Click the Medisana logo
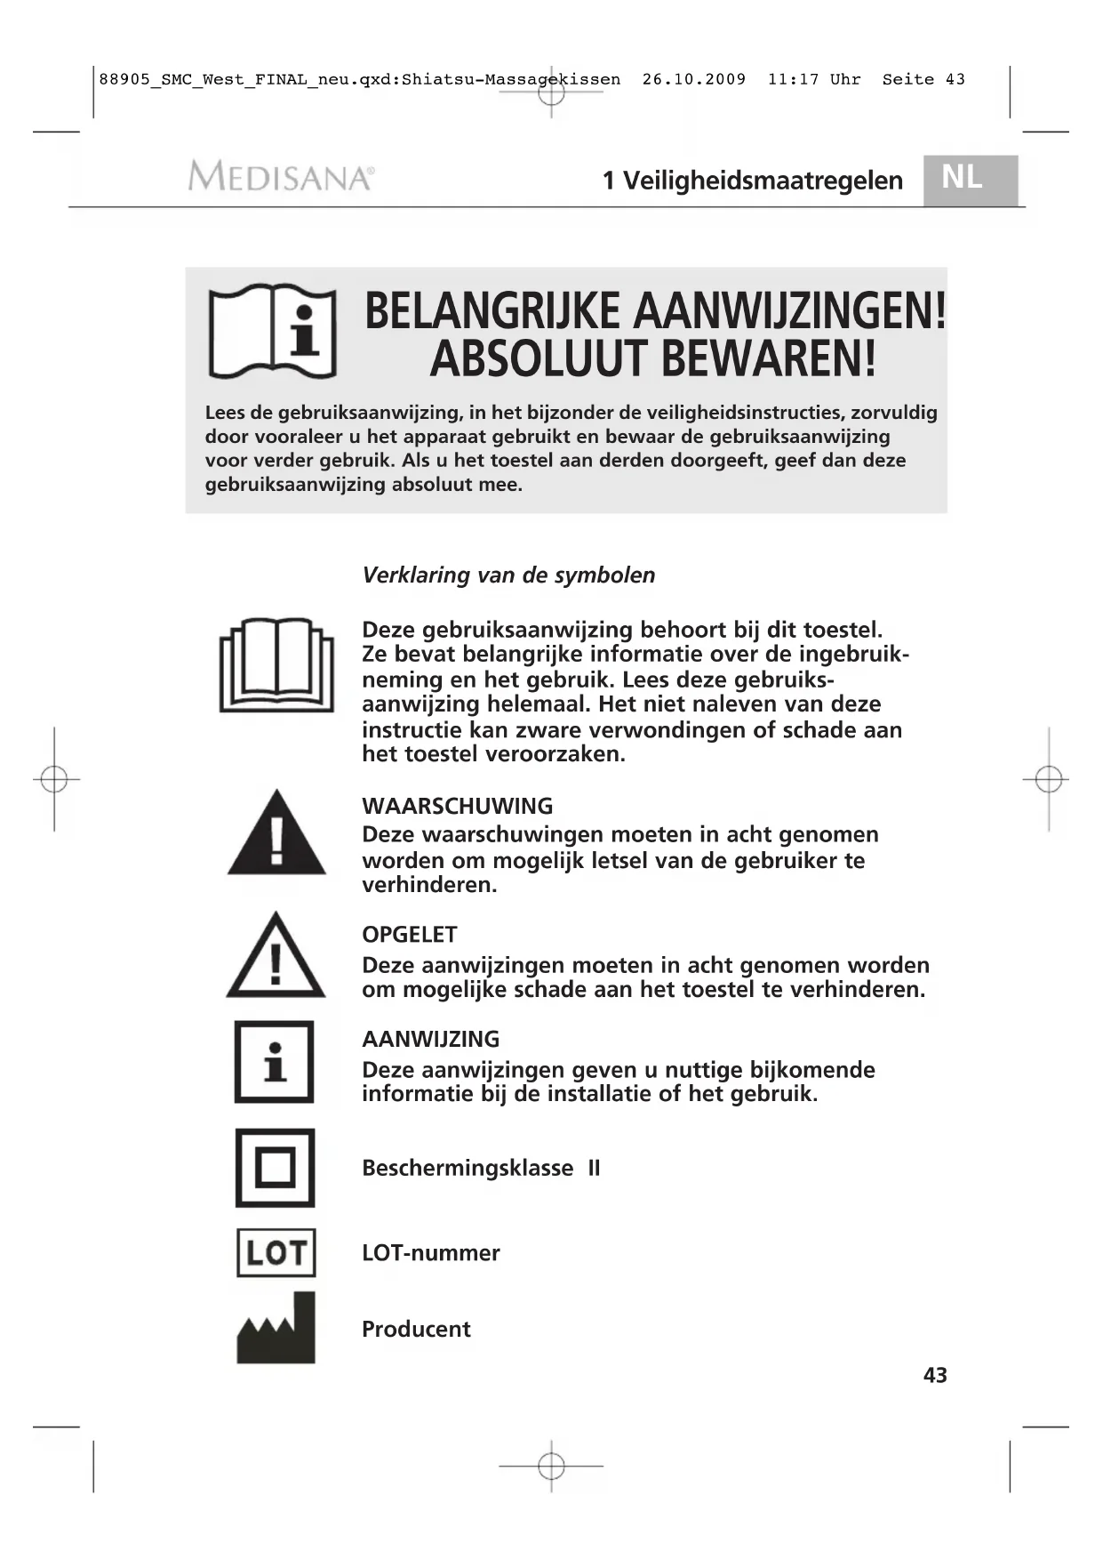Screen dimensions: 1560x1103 pyautogui.click(x=280, y=176)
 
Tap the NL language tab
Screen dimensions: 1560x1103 pyautogui.click(x=969, y=180)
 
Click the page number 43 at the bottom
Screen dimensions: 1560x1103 pyautogui.click(x=935, y=1375)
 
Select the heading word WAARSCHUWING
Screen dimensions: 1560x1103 pyautogui.click(x=457, y=807)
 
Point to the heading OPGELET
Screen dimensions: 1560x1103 pyautogui.click(x=409, y=935)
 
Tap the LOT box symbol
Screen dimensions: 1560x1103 pyautogui.click(x=276, y=1252)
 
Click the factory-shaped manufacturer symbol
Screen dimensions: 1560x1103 pyautogui.click(x=276, y=1329)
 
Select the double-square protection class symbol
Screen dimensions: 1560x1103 pyautogui.click(x=275, y=1168)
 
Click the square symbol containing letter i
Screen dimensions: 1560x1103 pyautogui.click(x=274, y=1062)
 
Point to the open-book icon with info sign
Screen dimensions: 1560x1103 pyautogui.click(x=272, y=332)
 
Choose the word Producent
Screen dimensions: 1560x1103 pyautogui.click(x=416, y=1330)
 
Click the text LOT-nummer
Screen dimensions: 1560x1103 pyautogui.click(x=430, y=1253)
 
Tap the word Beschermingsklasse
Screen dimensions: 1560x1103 pyautogui.click(x=468, y=1168)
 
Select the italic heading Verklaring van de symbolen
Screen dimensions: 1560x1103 pyautogui.click(x=508, y=575)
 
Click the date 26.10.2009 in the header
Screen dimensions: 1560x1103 pyautogui.click(x=694, y=79)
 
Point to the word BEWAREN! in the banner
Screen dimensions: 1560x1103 pyautogui.click(x=769, y=359)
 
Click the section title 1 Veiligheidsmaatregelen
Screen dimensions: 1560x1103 pyautogui.click(x=752, y=181)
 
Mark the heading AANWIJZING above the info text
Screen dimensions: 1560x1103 pyautogui.click(x=430, y=1039)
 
